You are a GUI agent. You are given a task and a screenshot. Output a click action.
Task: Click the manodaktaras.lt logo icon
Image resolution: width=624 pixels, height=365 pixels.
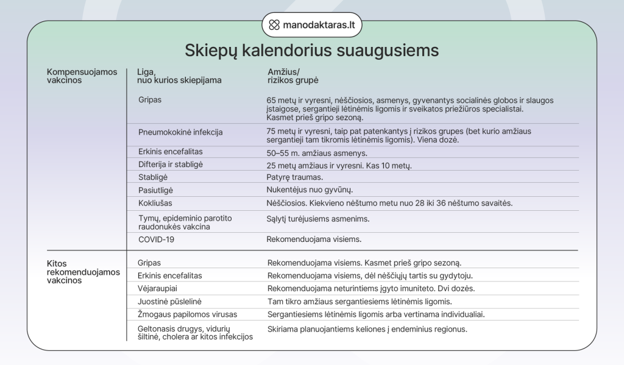274,26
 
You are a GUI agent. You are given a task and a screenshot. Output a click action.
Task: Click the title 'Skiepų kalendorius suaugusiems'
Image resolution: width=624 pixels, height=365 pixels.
311,50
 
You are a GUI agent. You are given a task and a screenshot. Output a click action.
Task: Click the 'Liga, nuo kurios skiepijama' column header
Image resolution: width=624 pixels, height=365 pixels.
179,76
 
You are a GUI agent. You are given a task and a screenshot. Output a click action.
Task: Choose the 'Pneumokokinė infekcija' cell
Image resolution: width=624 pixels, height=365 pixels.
180,132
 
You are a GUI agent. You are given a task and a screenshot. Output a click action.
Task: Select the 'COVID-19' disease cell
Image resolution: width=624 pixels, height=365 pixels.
156,239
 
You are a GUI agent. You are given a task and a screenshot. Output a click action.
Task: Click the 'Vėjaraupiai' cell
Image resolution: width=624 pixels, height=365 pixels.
158,288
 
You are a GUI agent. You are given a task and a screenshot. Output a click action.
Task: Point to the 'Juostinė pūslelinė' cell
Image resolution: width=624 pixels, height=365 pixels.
169,301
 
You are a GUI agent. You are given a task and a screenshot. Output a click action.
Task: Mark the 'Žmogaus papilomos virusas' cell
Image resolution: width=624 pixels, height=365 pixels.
187,314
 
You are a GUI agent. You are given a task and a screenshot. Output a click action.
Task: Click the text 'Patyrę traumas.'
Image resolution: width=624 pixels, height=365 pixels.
294,177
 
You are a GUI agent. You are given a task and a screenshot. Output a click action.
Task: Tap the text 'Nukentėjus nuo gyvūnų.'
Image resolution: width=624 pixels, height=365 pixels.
310,190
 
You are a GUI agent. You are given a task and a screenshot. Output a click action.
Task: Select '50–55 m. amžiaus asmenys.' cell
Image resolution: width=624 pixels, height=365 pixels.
317,153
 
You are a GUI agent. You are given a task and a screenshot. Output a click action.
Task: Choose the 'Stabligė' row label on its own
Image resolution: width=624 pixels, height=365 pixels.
153,177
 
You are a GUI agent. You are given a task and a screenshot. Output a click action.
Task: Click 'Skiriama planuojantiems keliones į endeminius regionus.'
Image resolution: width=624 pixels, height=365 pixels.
367,329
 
